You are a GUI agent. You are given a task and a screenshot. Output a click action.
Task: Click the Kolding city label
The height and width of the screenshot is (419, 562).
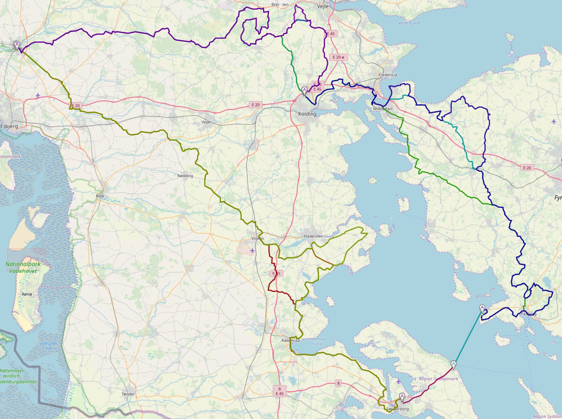(307, 114)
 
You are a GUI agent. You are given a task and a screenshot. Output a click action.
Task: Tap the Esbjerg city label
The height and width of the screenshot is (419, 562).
(9, 126)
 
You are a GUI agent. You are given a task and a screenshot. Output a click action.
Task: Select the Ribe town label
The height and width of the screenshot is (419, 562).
(100, 196)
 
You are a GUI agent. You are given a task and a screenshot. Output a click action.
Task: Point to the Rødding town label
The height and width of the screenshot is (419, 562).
(185, 176)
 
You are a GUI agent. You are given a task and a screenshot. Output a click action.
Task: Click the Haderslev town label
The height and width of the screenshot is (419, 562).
(313, 236)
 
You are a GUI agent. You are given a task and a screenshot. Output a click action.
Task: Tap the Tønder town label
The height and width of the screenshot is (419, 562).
(128, 394)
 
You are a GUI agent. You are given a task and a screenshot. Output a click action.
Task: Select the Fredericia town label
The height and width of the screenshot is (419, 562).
(387, 75)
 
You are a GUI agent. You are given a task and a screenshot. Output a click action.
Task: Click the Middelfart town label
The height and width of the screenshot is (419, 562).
(383, 109)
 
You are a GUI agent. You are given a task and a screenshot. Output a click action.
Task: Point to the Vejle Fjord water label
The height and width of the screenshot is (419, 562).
(409, 23)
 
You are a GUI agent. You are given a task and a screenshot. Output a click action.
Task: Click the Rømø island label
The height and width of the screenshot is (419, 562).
(27, 294)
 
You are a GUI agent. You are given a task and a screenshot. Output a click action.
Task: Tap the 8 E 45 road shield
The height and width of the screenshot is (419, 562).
(280, 391)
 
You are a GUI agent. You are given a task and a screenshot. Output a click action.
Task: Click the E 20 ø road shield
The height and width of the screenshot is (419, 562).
(338, 57)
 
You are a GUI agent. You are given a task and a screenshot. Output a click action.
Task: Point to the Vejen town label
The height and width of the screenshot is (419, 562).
(206, 122)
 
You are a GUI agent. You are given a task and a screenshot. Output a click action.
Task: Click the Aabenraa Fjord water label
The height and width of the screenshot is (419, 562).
(317, 341)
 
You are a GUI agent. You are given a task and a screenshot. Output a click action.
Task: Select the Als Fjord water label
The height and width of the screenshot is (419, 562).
(359, 357)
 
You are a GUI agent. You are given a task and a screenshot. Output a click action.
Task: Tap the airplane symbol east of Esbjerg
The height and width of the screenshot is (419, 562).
(38, 95)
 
